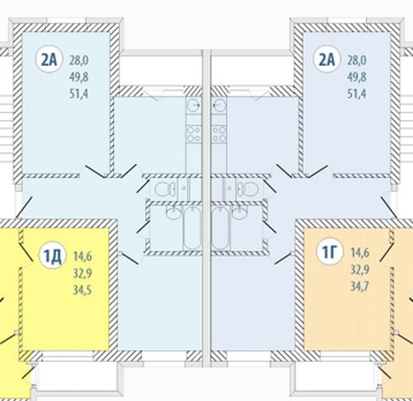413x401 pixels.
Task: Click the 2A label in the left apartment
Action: pos(49,60)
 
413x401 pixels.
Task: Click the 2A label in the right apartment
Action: pos(326,60)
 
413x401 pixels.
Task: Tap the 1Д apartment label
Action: pos(52,257)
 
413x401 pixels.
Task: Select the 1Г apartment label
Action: pos(330,252)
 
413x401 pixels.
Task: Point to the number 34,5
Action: pos(83,290)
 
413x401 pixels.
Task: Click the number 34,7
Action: pos(360,286)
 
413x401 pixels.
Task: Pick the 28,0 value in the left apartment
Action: pos(79,60)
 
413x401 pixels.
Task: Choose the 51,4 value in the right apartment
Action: pos(357,94)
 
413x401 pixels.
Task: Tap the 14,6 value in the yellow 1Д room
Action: pos(83,256)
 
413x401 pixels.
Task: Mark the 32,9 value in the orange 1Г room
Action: pos(360,270)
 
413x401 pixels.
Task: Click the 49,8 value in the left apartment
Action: pos(79,77)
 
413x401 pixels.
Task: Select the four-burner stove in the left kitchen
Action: pos(193,134)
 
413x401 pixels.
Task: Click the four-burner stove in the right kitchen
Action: pos(219,134)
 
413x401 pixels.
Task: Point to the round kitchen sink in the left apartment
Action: pos(194,105)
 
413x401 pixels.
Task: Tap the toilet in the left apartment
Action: pos(164,189)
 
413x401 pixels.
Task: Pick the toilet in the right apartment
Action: pos(249,189)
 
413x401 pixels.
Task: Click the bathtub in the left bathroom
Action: pos(192,228)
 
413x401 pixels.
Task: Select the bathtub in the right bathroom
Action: pos(220,228)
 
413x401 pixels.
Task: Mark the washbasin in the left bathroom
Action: pos(173,213)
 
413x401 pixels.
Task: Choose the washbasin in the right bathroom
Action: pos(240,213)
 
